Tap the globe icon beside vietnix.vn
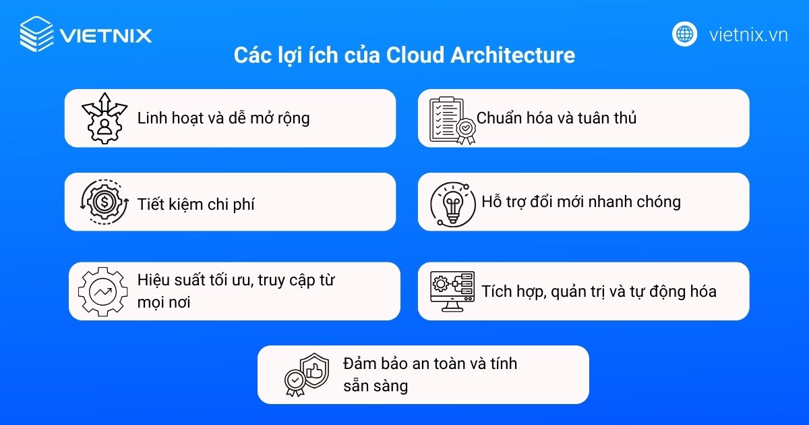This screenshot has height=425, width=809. coord(684,34)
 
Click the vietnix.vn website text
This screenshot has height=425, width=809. coord(748,34)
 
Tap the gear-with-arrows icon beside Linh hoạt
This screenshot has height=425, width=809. coord(104,118)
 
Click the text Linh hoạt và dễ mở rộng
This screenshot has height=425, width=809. coord(223,118)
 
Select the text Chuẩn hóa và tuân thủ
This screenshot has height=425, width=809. coord(556,118)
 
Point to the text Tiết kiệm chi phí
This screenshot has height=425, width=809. coord(196,204)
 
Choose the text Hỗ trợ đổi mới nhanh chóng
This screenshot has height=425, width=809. coord(580,202)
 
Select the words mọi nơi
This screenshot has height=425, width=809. coord(163,302)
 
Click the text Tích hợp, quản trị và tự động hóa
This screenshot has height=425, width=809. coord(598,291)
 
